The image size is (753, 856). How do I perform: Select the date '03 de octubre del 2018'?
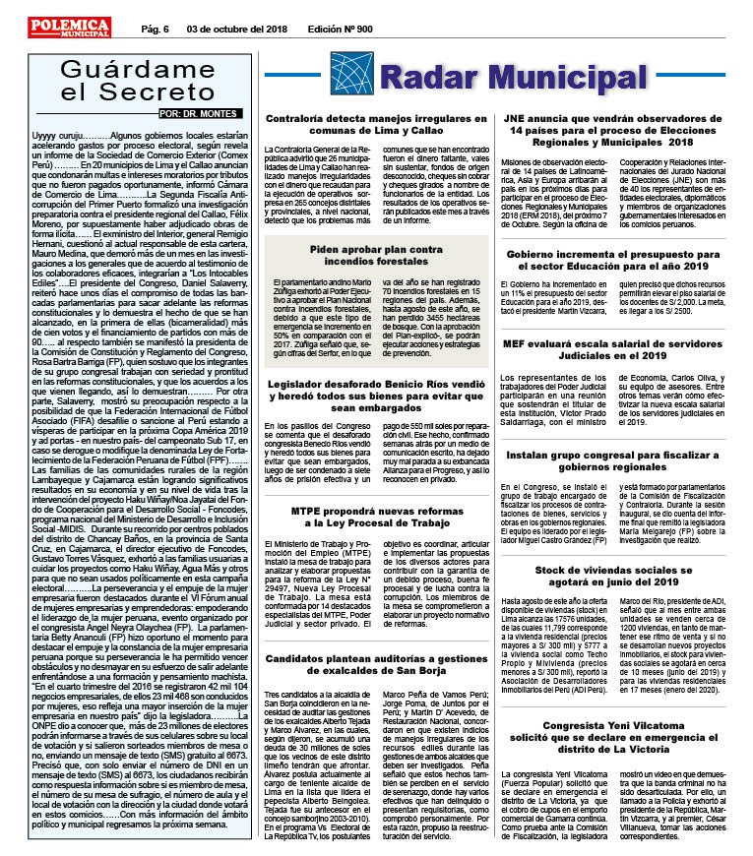click(x=236, y=30)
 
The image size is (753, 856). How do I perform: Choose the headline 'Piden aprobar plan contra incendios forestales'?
click(x=375, y=257)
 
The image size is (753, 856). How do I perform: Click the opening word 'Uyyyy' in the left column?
click(x=46, y=133)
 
